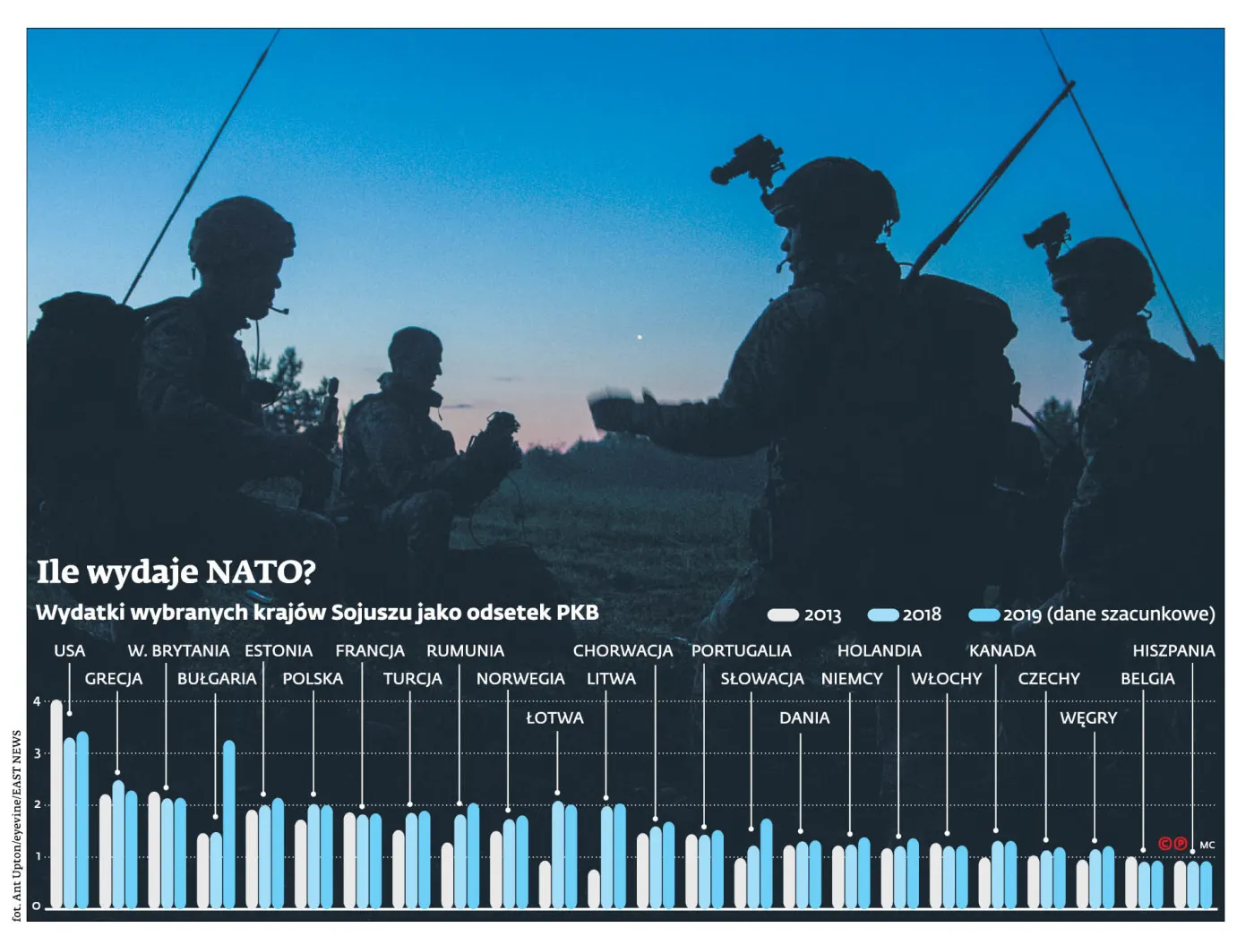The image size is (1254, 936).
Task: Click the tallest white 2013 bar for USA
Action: tap(56, 804)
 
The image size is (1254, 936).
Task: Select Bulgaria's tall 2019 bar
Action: tap(228, 824)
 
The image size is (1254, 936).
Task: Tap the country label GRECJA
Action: tap(114, 679)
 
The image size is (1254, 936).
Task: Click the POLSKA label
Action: tap(313, 679)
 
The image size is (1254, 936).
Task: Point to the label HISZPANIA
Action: tap(1173, 651)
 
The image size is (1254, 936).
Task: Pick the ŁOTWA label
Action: tap(554, 718)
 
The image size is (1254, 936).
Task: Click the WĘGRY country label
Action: tap(1088, 718)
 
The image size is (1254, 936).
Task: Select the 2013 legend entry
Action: tap(805, 615)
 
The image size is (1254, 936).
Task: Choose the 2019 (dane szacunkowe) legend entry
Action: tap(1093, 615)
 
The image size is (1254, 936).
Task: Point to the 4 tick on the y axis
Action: tap(37, 701)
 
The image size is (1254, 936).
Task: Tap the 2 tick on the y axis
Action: tap(37, 805)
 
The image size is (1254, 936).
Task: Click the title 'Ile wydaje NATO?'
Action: tap(176, 572)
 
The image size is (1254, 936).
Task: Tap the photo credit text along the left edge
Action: tap(16, 824)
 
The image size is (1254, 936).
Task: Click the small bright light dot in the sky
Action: tap(639, 337)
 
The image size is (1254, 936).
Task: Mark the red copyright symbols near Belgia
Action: tap(1172, 844)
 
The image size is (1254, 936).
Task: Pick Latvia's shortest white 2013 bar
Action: tap(545, 885)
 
